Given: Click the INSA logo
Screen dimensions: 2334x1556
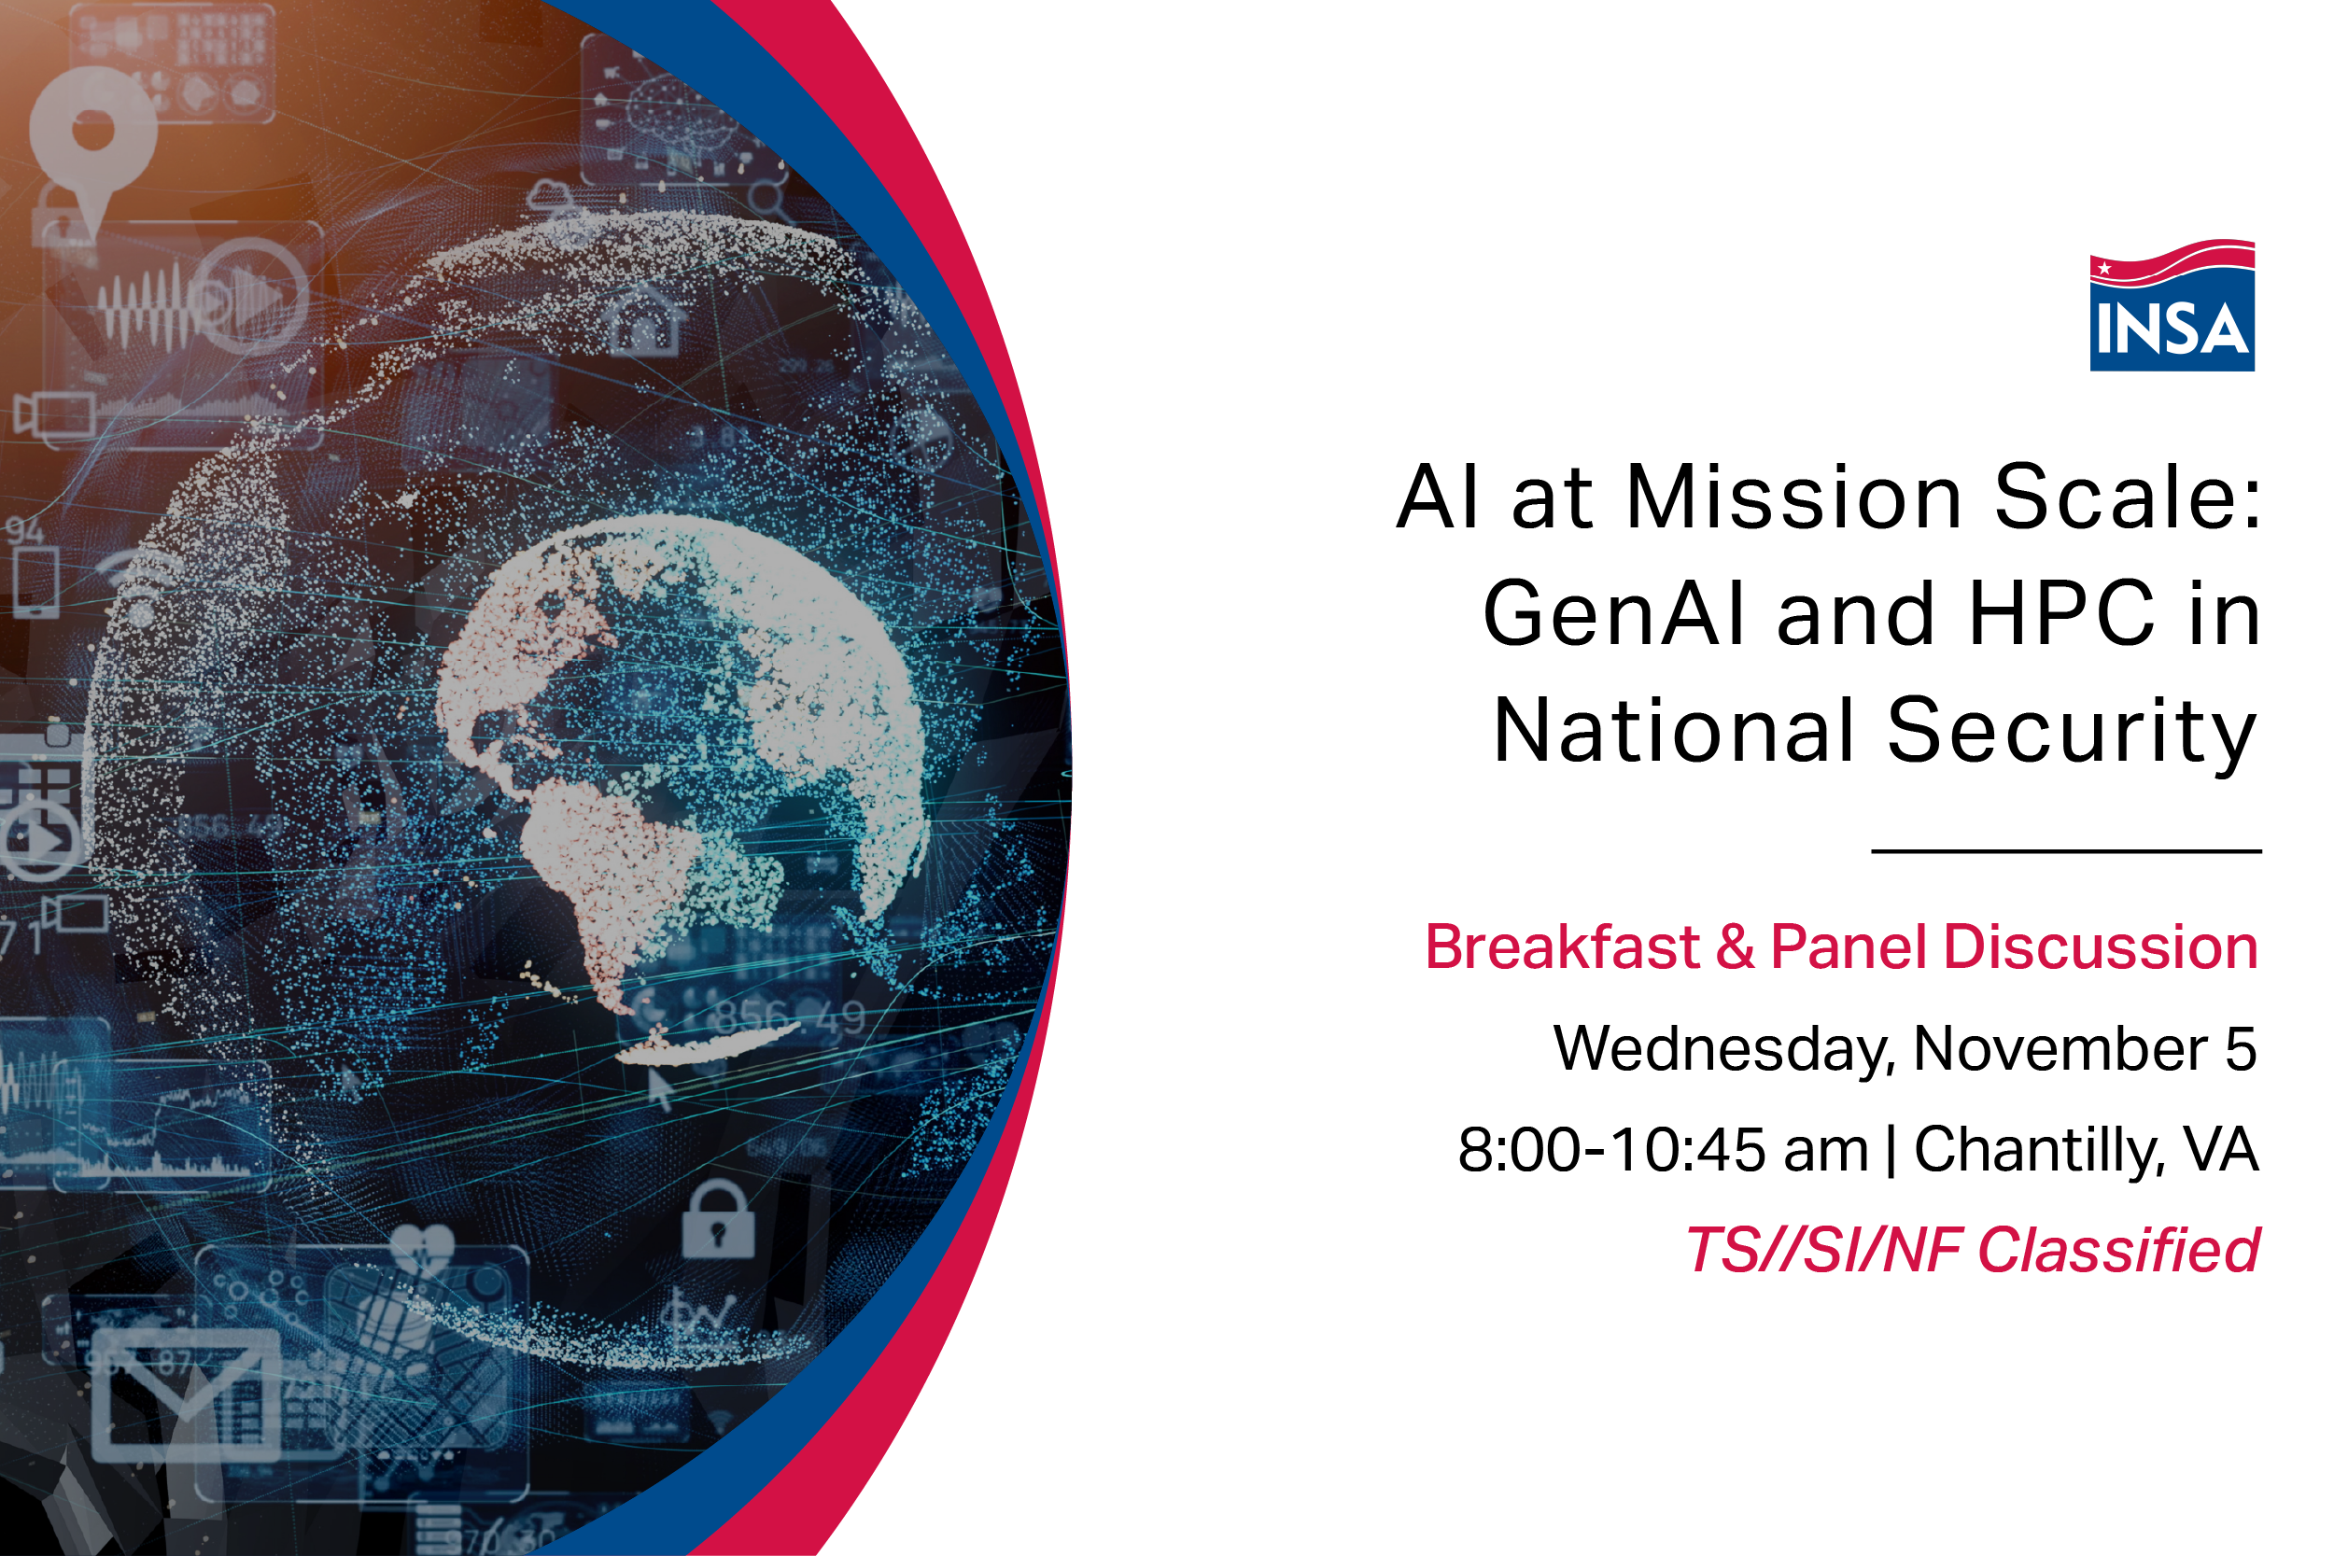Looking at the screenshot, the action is click(2172, 304).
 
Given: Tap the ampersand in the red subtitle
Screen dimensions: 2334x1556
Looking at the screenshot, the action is click(1735, 946).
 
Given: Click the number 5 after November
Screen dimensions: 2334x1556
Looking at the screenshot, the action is click(2242, 1049).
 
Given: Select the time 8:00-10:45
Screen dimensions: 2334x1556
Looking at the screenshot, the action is click(1612, 1150).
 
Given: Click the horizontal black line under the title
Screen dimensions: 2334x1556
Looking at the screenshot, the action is click(2066, 851).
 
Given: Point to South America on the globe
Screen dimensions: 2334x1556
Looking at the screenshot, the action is click(645, 883).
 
